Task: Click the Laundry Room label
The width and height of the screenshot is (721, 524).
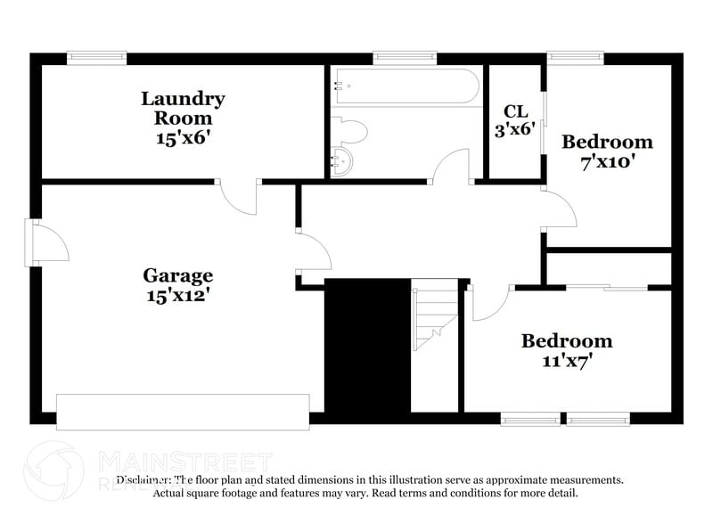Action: pos(183,108)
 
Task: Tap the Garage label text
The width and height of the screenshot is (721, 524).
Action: pos(178,275)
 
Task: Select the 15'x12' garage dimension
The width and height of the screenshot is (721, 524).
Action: pos(178,293)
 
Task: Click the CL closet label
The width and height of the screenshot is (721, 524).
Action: pos(516,111)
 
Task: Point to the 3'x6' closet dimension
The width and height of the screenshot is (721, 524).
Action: pos(516,128)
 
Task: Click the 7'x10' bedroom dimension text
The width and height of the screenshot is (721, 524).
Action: pos(607,163)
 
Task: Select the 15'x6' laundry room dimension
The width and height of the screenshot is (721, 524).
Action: pos(182,138)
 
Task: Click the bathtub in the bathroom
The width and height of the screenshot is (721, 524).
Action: pos(406,87)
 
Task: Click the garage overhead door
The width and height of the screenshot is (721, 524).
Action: pos(183,412)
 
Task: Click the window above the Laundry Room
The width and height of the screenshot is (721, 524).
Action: pos(92,58)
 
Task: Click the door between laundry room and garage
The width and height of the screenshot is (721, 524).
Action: pos(237,196)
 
